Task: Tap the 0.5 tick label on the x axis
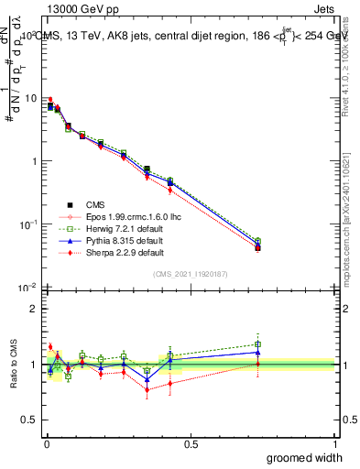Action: click(191, 443)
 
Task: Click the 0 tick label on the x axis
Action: click(45, 443)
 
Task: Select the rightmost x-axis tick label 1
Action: click(335, 443)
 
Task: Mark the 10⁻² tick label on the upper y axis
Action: click(28, 287)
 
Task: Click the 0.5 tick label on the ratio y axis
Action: click(30, 420)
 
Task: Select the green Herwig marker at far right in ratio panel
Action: click(258, 344)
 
